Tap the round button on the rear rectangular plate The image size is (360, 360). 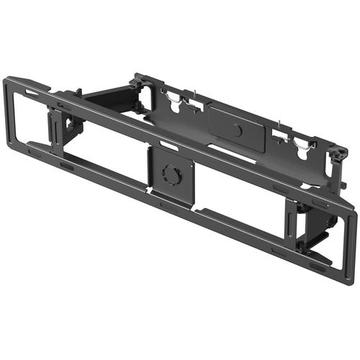tap(237, 131)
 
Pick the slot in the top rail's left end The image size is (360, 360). tap(32, 93)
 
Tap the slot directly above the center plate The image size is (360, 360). tap(168, 146)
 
